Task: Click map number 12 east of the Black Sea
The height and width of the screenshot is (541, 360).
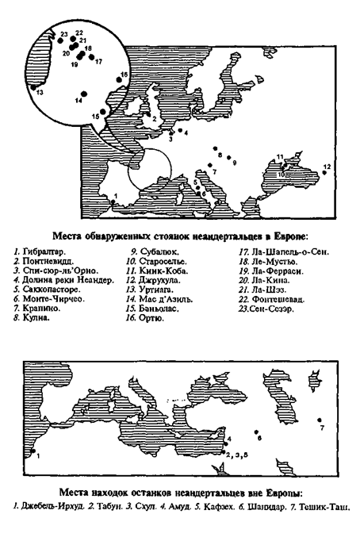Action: click(x=327, y=167)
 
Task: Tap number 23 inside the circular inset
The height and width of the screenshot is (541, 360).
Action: click(x=63, y=33)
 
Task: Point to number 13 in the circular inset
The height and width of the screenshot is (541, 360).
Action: click(x=40, y=93)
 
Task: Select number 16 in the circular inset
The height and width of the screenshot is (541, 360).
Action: click(x=124, y=75)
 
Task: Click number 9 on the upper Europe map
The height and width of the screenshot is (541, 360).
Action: click(x=233, y=162)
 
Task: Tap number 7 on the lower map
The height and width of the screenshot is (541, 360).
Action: click(x=322, y=428)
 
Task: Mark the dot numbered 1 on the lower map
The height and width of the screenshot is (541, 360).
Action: click(x=33, y=451)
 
